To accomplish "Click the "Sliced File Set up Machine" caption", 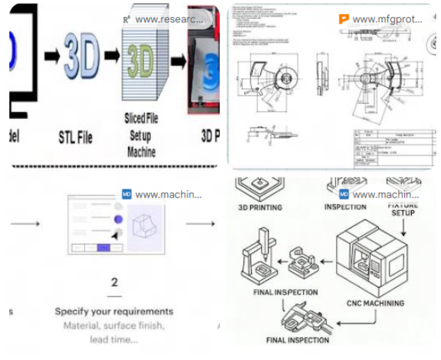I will pyautogui.click(x=141, y=134).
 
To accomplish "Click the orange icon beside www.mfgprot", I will pyautogui.click(x=344, y=19).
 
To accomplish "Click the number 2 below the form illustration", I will pyautogui.click(x=115, y=282).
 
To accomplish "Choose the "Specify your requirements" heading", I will pyautogui.click(x=114, y=311).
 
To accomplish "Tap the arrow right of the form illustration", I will pyautogui.click(x=200, y=224).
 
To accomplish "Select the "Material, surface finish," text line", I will pyautogui.click(x=114, y=325).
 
